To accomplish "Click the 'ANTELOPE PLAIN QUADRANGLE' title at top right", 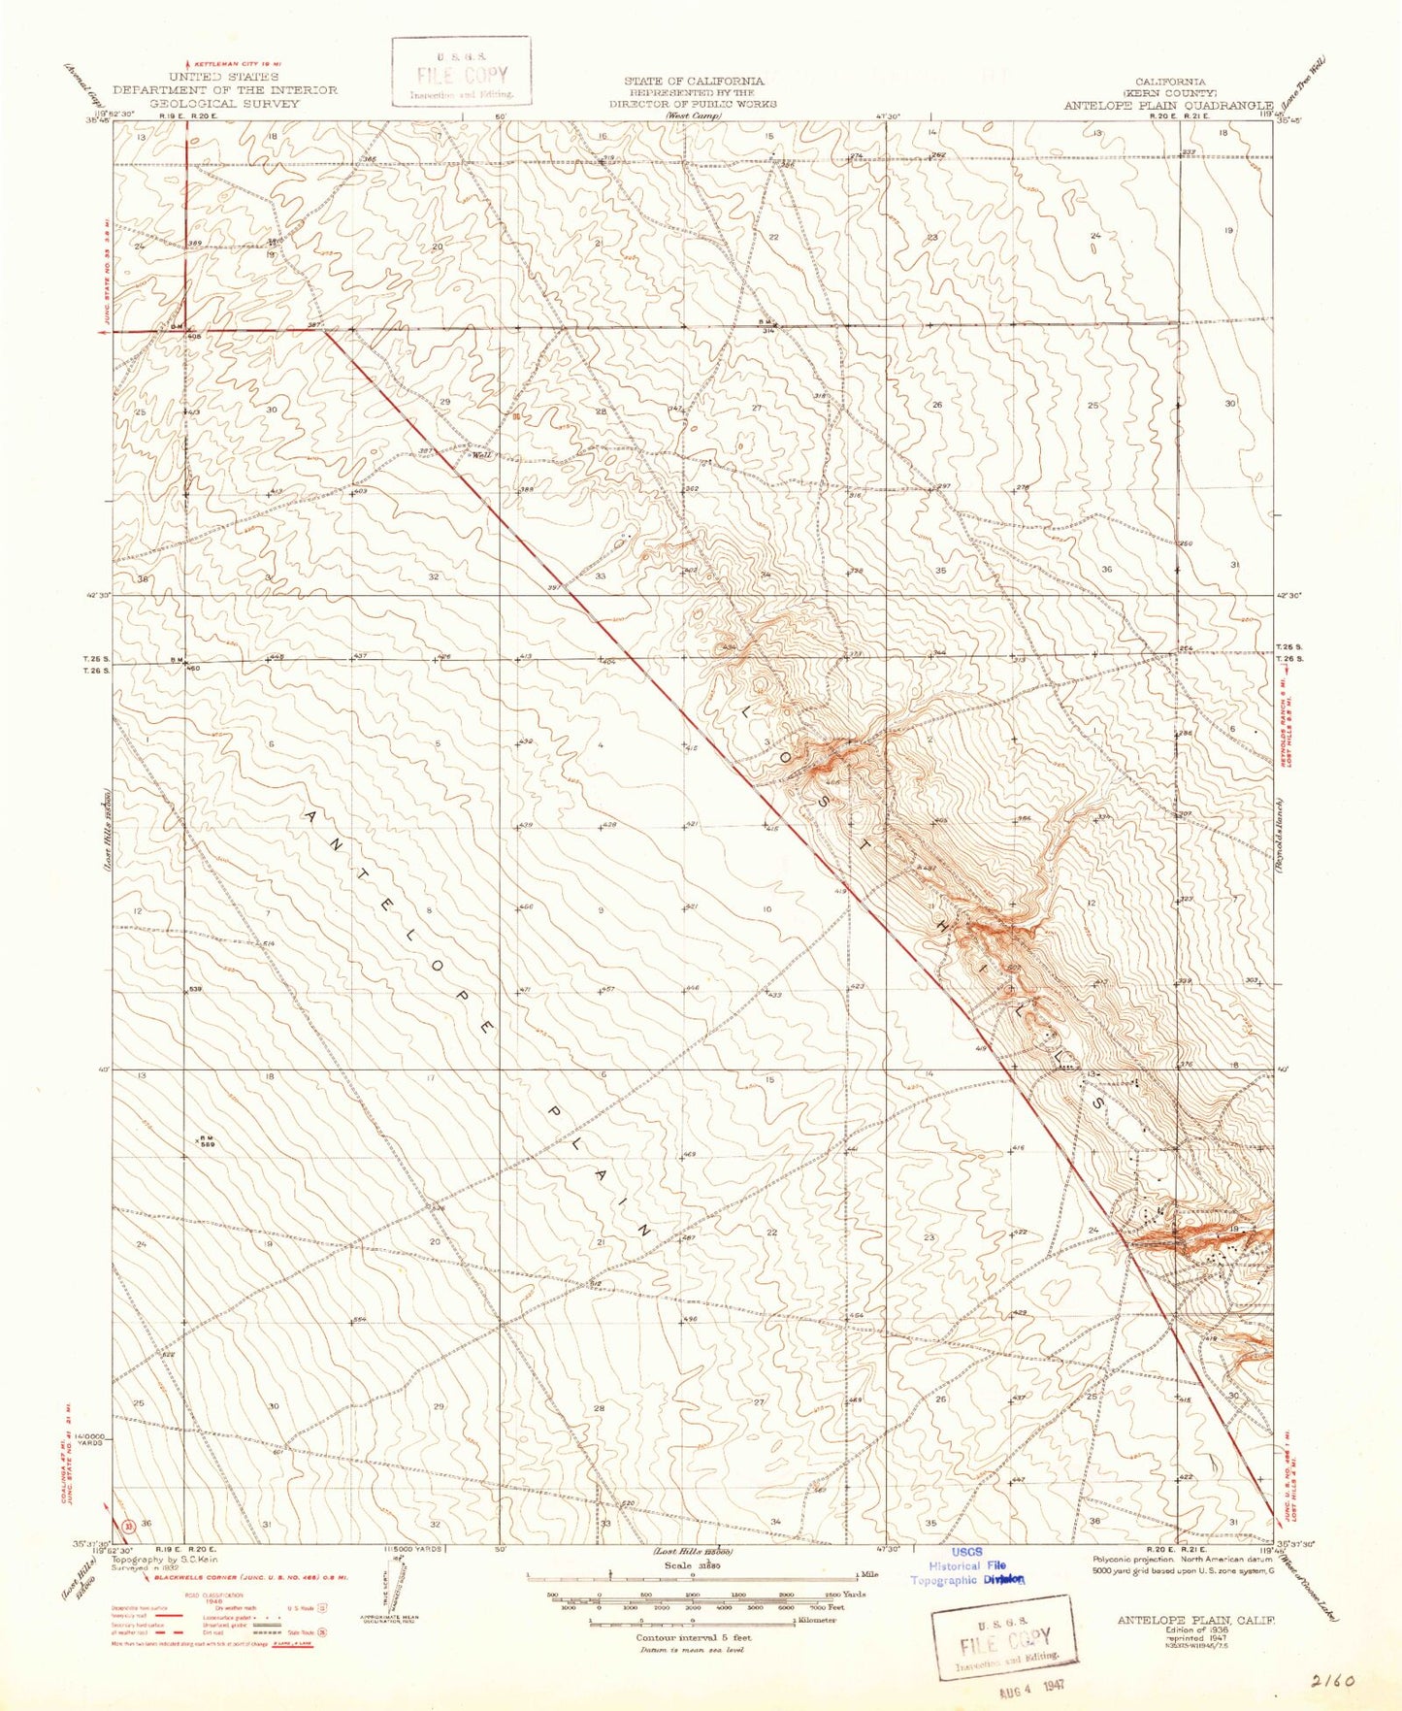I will tap(1167, 106).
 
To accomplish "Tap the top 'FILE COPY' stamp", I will tap(461, 76).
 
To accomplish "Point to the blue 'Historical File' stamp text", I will tap(966, 1565).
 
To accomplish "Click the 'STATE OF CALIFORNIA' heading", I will tap(693, 82).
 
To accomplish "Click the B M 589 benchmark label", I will tap(207, 1141).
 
